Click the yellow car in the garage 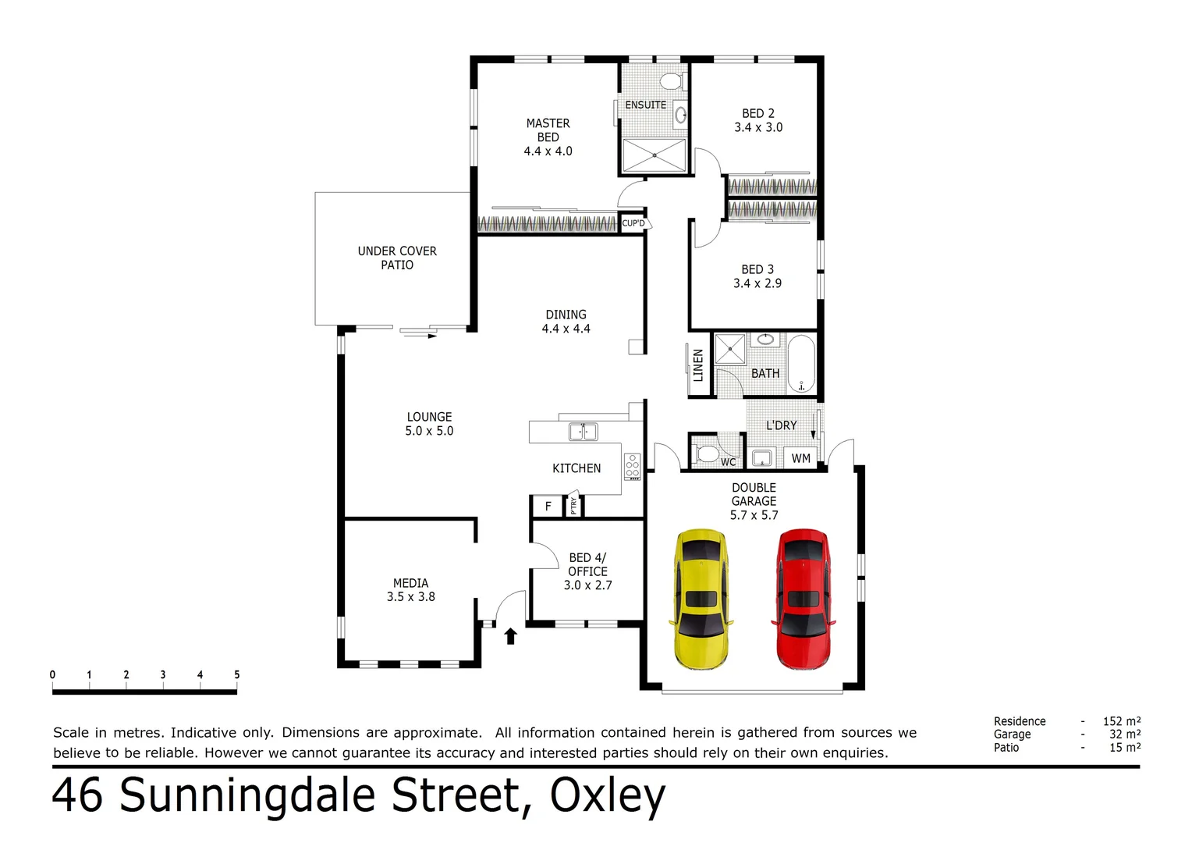click(x=701, y=599)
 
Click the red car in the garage click(x=803, y=599)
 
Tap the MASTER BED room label click(x=548, y=130)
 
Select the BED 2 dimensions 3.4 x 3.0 click(x=757, y=128)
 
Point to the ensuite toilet click(x=671, y=81)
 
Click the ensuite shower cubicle click(x=654, y=155)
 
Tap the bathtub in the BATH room click(x=801, y=364)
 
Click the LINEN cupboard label click(x=698, y=365)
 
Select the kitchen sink click(x=583, y=432)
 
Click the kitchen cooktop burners click(x=632, y=467)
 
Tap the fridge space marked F click(x=548, y=507)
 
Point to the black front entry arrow click(x=511, y=636)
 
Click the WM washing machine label click(x=800, y=459)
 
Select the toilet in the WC click(x=707, y=454)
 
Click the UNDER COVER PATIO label click(x=397, y=258)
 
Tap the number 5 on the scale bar click(x=236, y=674)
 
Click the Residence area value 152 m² click(x=1121, y=721)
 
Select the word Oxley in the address click(x=607, y=796)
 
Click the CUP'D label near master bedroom click(x=633, y=223)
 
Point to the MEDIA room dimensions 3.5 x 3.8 click(x=411, y=597)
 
